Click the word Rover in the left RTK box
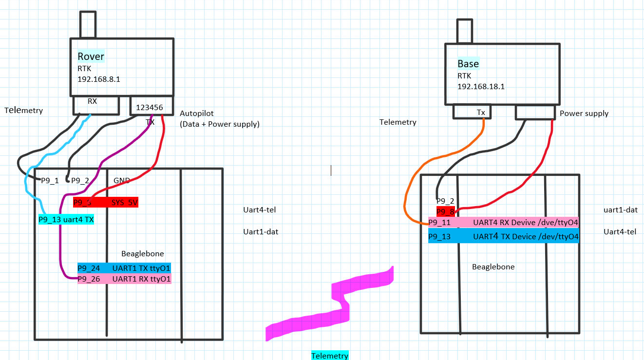91,57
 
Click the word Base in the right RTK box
468,64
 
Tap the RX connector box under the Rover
95,104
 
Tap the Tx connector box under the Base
472,112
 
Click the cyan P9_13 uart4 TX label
66,220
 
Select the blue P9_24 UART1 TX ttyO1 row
124,268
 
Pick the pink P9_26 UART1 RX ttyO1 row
124,279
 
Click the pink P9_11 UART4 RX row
503,223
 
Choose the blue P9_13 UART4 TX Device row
503,237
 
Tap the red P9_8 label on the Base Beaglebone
445,212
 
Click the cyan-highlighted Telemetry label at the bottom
330,356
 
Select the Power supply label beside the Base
584,114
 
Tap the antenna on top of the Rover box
88,24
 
